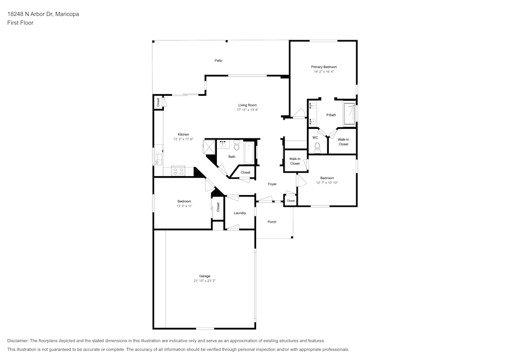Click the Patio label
[x=218, y=61]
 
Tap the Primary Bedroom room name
[x=324, y=67]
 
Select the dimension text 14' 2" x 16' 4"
[x=324, y=72]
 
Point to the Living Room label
[x=247, y=105]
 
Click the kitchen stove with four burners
[x=178, y=171]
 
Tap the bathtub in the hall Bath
[x=249, y=153]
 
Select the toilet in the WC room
[x=318, y=147]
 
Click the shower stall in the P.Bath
[x=349, y=114]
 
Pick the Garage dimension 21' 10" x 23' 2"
[x=205, y=281]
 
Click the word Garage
[x=205, y=276]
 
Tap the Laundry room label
[x=240, y=213]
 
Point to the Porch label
[x=272, y=221]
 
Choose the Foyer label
[x=272, y=184]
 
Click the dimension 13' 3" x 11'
[x=184, y=206]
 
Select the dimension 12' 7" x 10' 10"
[x=327, y=182]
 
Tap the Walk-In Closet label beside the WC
[x=344, y=142]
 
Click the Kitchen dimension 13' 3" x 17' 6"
[x=183, y=140]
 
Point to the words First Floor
[x=20, y=23]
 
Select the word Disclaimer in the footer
[x=18, y=341]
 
